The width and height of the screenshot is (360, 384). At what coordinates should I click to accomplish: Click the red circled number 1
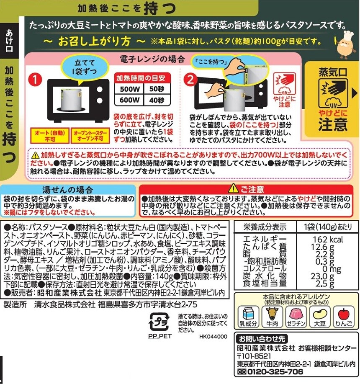pyautogui.click(x=35, y=80)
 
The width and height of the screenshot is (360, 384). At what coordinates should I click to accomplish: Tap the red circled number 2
pyautogui.click(x=190, y=80)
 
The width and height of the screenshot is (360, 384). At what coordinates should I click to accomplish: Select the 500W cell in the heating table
pyautogui.click(x=129, y=89)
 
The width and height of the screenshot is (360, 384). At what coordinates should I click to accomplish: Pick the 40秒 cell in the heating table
pyautogui.click(x=157, y=100)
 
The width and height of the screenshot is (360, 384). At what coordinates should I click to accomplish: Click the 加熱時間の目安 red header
pyautogui.click(x=142, y=78)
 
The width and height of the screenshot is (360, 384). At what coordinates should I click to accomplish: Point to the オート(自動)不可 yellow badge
pyautogui.click(x=50, y=135)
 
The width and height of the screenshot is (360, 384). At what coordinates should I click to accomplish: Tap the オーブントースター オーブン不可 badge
pyautogui.click(x=90, y=135)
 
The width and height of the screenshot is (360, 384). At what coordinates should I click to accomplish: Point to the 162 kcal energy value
pyautogui.click(x=328, y=239)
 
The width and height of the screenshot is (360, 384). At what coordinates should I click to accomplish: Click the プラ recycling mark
pyautogui.click(x=159, y=322)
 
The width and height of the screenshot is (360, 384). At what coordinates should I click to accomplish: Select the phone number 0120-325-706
pyautogui.click(x=275, y=372)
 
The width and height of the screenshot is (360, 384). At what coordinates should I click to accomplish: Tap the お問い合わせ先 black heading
pyautogui.click(x=262, y=339)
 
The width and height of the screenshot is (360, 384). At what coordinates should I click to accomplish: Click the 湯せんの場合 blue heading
pyautogui.click(x=67, y=190)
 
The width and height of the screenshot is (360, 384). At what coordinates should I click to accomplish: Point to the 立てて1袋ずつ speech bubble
pyautogui.click(x=85, y=68)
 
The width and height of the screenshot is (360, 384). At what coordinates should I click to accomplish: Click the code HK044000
pyautogui.click(x=213, y=337)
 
